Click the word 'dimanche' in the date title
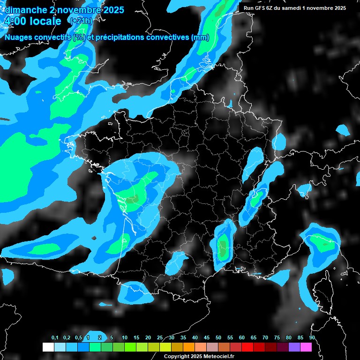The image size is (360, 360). click(26, 10)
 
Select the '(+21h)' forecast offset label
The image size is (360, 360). click(81, 21)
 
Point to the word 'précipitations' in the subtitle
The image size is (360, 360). click(120, 37)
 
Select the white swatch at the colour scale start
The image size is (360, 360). click(48, 347)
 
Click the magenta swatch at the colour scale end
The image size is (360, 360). click(306, 347)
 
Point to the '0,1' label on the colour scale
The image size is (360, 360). click(55, 338)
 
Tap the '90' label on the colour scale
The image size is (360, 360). click(312, 338)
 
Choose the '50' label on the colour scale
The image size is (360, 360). click(218, 338)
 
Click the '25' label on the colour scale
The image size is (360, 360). click(160, 338)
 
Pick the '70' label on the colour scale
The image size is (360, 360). click(265, 338)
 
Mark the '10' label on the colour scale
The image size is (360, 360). click(125, 338)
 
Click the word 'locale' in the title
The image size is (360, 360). click(46, 21)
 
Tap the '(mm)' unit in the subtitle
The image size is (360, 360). click(201, 37)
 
